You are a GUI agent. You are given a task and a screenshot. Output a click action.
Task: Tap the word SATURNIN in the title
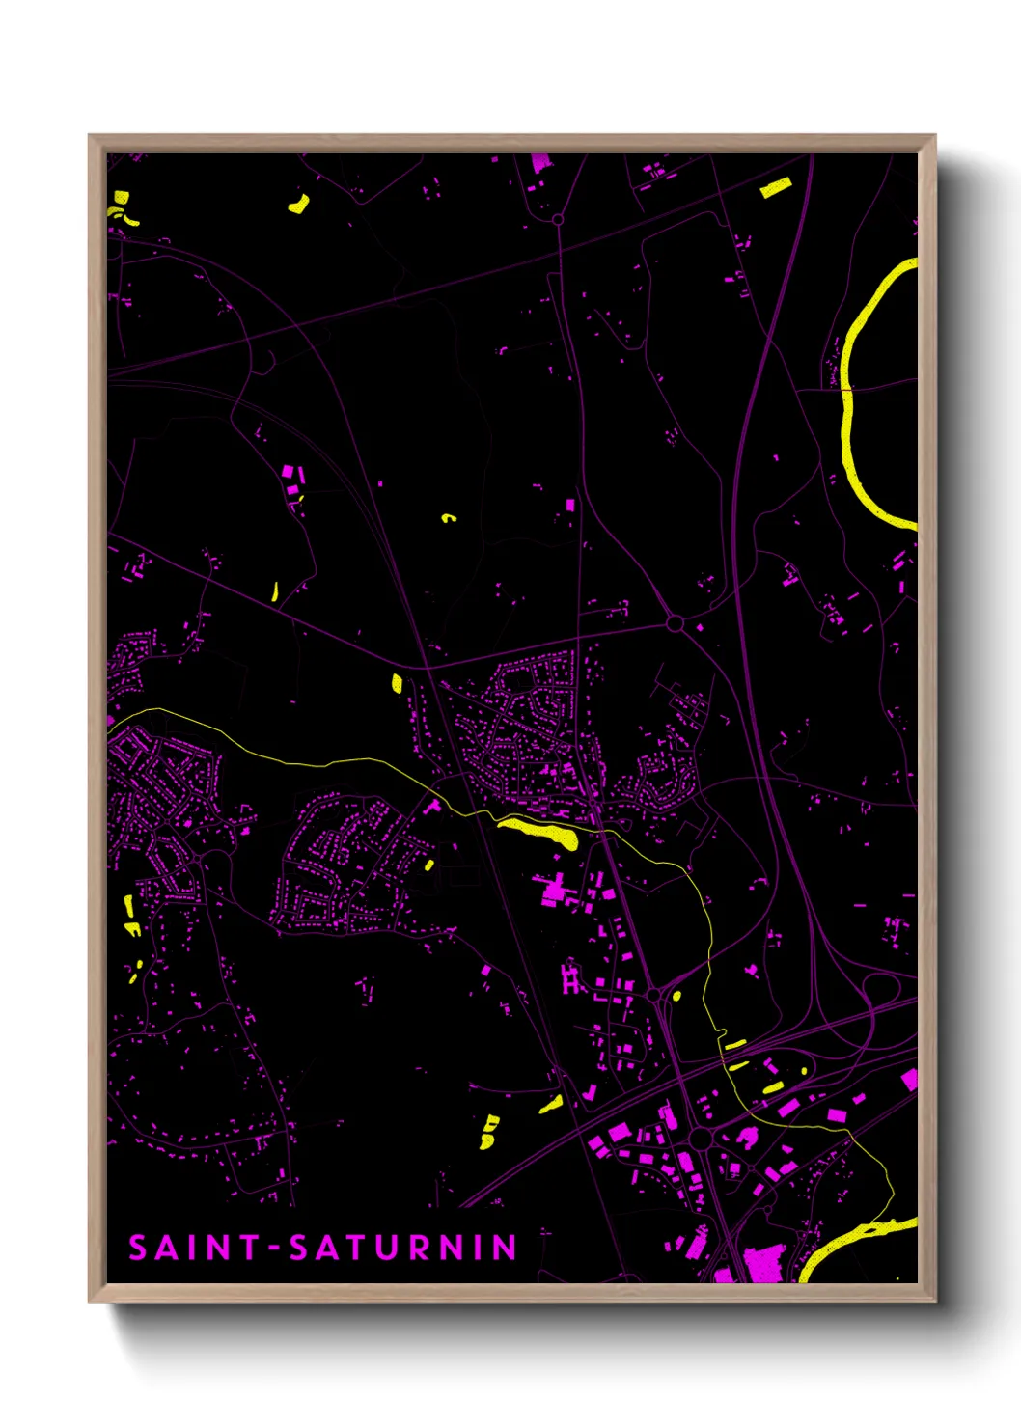403,1248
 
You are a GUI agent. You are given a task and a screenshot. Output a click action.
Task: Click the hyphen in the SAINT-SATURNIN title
274,1249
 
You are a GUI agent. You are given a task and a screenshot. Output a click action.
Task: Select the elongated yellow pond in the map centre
538,831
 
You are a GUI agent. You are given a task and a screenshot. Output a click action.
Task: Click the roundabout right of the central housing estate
675,623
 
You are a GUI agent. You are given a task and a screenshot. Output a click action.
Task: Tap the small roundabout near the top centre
558,220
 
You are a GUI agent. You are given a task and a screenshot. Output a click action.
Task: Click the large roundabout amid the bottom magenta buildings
701,1140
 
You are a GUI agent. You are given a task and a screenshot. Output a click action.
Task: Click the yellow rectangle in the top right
775,188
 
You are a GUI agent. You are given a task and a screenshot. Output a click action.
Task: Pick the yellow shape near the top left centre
299,204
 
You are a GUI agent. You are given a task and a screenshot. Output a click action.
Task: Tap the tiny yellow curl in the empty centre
448,518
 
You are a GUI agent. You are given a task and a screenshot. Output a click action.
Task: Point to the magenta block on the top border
539,162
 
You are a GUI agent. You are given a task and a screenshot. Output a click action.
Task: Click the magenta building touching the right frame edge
909,1079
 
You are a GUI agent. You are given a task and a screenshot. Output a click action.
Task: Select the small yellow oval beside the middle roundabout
676,995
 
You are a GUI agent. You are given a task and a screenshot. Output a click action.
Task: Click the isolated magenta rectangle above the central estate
569,505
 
